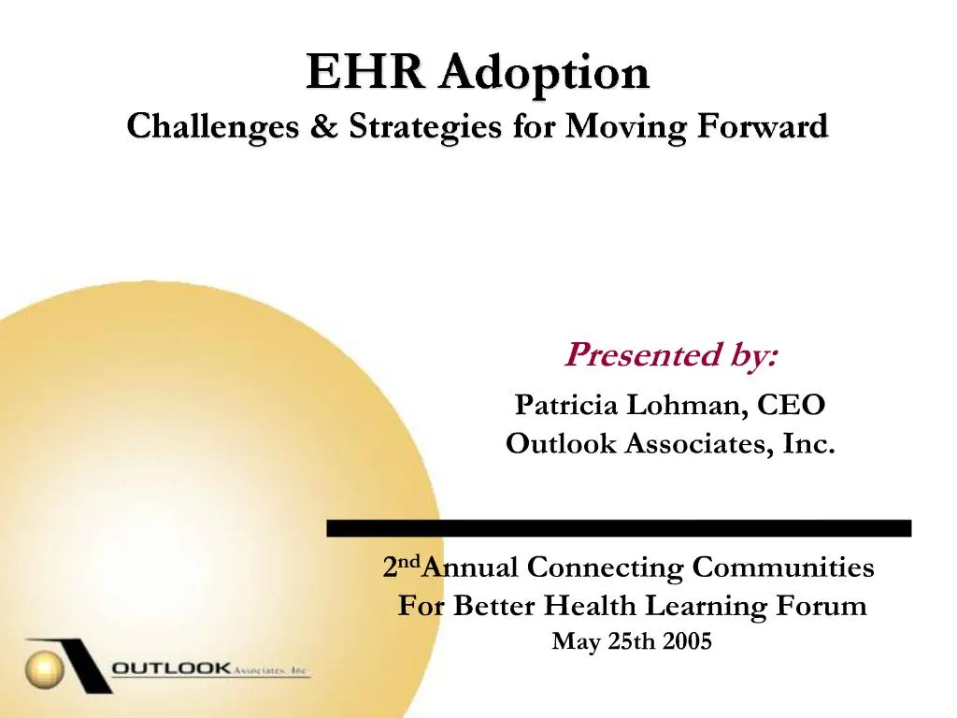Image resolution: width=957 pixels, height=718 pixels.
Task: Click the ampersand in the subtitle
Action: (323, 126)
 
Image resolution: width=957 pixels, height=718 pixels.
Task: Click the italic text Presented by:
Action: (670, 355)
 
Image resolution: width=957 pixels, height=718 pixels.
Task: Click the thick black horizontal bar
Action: (618, 528)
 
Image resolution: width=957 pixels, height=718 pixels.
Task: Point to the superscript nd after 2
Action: (408, 562)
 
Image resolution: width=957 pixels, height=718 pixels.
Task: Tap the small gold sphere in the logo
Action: (43, 668)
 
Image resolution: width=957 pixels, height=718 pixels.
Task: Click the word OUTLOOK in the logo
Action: (171, 668)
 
